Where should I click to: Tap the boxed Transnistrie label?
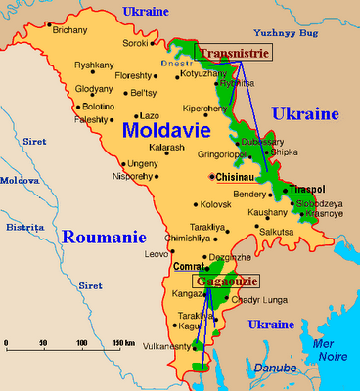(x=234, y=53)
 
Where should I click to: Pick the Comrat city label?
(x=186, y=266)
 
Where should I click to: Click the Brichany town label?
(x=69, y=30)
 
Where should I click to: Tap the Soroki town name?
(x=136, y=44)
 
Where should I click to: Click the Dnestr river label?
(x=168, y=64)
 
